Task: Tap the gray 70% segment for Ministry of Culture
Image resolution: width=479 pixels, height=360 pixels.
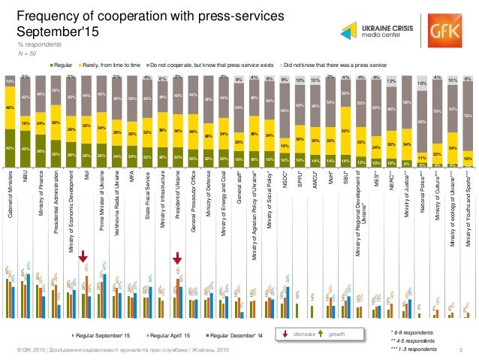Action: point(436,109)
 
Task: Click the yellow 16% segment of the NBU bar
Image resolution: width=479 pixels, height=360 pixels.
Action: point(25,124)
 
